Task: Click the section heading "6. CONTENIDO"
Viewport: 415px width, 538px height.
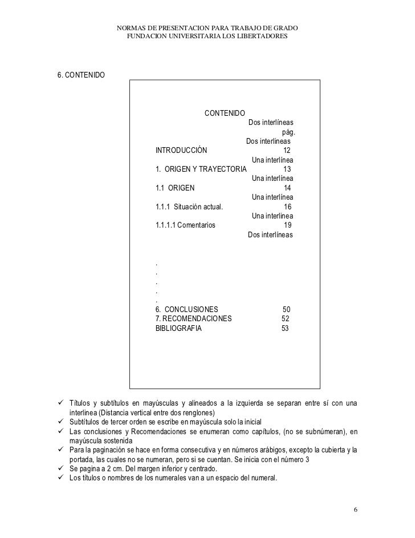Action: [x=80, y=75]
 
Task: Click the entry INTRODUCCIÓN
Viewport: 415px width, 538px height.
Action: [x=181, y=151]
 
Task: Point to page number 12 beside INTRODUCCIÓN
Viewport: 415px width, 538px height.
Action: [x=287, y=151]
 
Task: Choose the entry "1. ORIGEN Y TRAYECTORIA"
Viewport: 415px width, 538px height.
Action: [x=201, y=169]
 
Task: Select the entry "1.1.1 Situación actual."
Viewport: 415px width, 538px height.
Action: [x=189, y=207]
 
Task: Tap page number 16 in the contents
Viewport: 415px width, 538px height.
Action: [x=287, y=207]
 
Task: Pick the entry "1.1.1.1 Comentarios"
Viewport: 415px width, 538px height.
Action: [x=185, y=225]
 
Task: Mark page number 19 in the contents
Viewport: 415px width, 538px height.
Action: [x=287, y=225]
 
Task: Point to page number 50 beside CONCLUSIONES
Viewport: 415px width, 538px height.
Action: [x=286, y=309]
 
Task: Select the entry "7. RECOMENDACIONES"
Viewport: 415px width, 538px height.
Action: [x=193, y=318]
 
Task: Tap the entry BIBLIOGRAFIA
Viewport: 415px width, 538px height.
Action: [x=178, y=328]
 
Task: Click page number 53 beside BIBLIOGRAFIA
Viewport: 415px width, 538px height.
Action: [x=285, y=328]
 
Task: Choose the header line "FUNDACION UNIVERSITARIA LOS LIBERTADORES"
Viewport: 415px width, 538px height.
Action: [x=207, y=37]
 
